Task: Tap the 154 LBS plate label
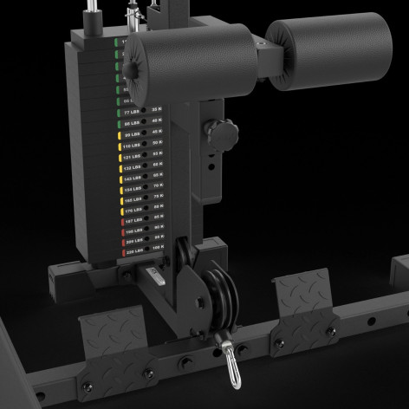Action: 133,188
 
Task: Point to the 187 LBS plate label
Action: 133,223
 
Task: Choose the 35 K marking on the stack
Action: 157,110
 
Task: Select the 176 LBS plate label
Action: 133,211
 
